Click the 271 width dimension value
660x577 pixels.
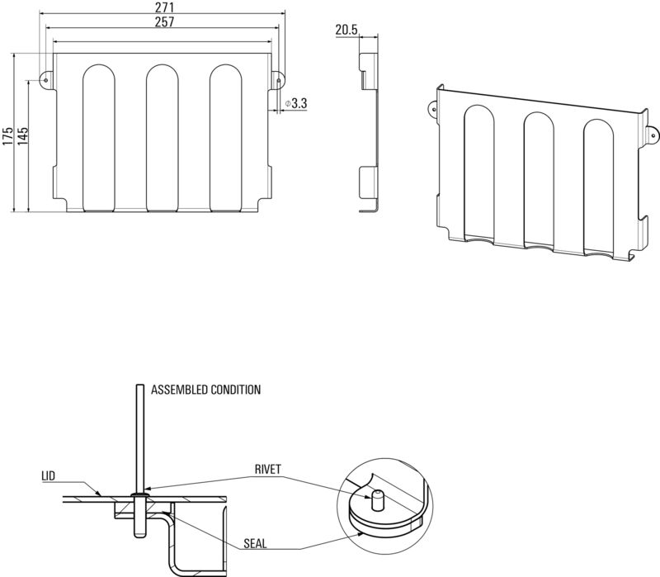point(163,7)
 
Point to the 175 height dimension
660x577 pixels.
point(7,135)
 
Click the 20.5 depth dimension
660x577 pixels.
point(346,31)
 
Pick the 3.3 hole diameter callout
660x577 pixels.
point(298,104)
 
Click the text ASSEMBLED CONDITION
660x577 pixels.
point(206,390)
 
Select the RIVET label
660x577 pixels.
point(269,469)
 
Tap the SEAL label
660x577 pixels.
point(256,545)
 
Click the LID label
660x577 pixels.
point(49,476)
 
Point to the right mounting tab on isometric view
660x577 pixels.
point(651,132)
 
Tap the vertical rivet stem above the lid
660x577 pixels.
point(139,437)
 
